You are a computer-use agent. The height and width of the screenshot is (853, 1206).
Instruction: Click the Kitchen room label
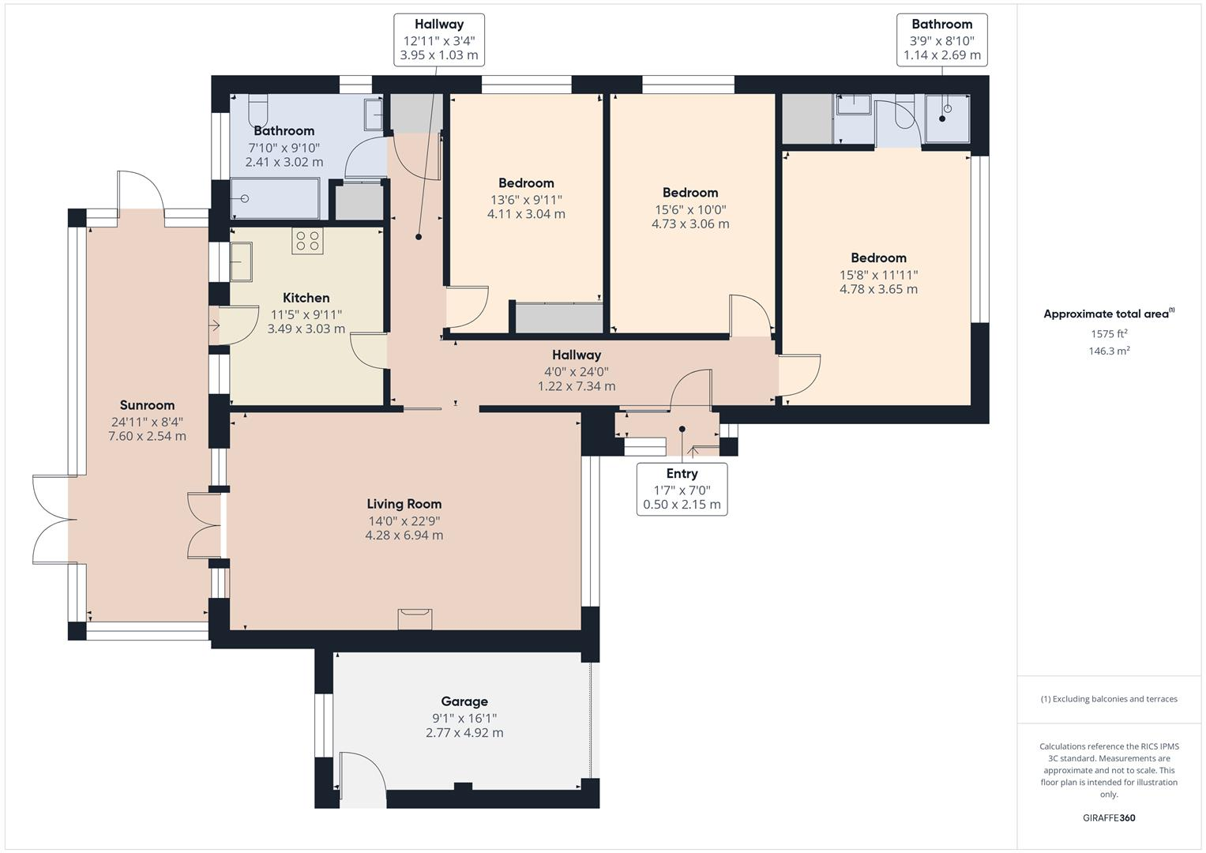pos(306,298)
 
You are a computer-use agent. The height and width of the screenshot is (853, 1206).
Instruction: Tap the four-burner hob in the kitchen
pos(307,241)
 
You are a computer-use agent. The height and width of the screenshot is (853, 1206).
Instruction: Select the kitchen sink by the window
pos(241,262)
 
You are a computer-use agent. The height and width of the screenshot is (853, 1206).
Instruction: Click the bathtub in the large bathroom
pos(275,198)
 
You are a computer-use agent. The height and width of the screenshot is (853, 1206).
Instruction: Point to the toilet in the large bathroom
pos(258,107)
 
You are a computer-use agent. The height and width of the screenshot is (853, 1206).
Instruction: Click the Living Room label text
pos(404,504)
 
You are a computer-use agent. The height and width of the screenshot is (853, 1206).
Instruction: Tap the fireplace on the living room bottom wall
pos(415,618)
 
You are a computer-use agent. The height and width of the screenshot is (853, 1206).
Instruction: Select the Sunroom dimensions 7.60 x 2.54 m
pos(147,436)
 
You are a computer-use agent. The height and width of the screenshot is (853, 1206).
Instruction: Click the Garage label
pos(464,701)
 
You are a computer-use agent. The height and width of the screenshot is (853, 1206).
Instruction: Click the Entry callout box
pos(682,489)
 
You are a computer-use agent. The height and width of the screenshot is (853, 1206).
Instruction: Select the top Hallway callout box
pos(439,39)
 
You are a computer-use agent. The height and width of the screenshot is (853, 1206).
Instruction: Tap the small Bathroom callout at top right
pos(941,39)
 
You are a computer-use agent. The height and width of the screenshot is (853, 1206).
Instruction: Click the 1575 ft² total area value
pos(1109,334)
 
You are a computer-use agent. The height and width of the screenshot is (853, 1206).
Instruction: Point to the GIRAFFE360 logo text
pos(1109,817)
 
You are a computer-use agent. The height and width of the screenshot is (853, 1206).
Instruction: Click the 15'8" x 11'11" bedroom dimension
pos(878,275)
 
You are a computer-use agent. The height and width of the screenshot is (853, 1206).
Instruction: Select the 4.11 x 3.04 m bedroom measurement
pos(526,214)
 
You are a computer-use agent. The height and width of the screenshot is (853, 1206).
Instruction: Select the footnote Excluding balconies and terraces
pos(1109,699)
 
